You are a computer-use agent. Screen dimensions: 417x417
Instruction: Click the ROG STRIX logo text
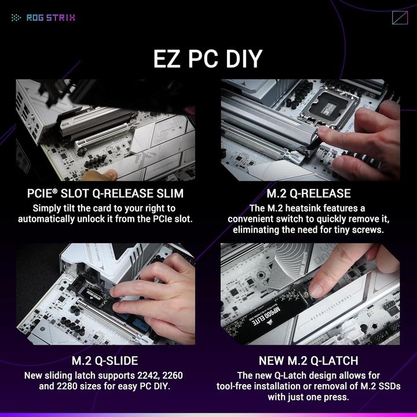point(50,17)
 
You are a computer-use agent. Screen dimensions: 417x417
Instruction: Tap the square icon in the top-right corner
point(400,17)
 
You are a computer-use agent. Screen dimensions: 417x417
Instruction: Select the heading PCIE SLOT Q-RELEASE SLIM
point(105,193)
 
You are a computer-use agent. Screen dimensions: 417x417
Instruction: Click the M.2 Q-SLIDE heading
point(105,361)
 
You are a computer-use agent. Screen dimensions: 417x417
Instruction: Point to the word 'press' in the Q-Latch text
point(335,397)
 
